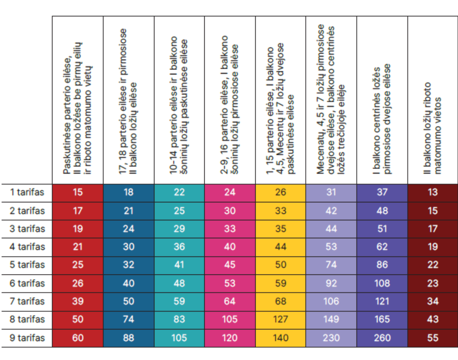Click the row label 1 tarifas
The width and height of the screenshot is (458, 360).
tap(27, 192)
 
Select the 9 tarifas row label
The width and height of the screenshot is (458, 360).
tap(27, 338)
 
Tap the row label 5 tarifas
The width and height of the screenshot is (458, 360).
tap(27, 265)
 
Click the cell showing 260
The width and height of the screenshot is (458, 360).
tap(382, 338)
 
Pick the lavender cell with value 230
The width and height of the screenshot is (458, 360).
tap(331, 338)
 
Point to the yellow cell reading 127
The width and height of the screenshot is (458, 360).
tap(281, 319)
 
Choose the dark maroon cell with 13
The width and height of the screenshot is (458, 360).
tap(432, 192)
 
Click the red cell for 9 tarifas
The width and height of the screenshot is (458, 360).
tap(78, 338)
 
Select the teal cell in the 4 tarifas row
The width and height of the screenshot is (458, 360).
tap(179, 247)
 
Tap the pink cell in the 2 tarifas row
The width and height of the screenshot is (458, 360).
tap(230, 211)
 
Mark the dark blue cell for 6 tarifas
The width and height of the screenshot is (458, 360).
tap(129, 283)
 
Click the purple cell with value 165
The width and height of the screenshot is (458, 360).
tap(382, 319)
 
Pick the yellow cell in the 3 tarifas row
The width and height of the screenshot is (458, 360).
tap(281, 229)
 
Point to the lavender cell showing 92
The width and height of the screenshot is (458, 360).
tap(331, 283)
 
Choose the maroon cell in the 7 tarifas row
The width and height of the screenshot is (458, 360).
tap(432, 301)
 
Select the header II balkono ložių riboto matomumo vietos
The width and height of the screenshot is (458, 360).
tap(432, 127)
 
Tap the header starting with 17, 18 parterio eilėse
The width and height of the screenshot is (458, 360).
tap(129, 101)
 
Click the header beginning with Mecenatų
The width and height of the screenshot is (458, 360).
tap(331, 101)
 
